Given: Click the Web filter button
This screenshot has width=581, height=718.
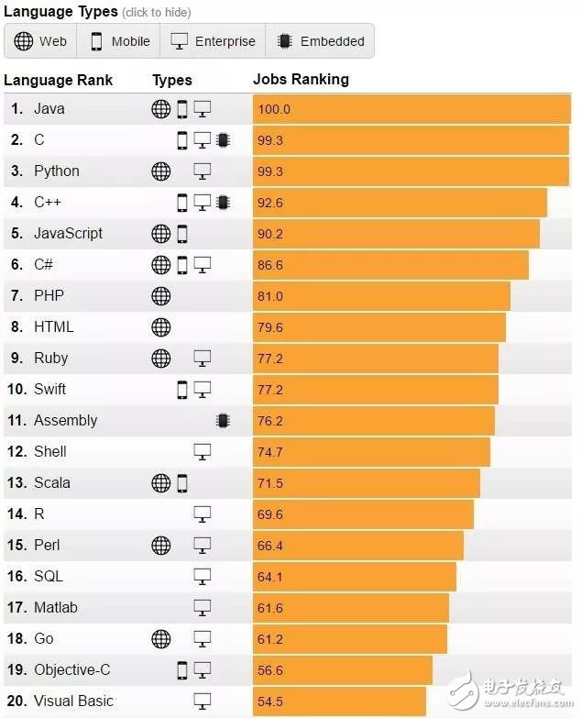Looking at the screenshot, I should pyautogui.click(x=41, y=41).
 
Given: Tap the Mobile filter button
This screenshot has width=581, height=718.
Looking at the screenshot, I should pyautogui.click(x=120, y=41).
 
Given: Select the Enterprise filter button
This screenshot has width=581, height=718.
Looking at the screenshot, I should pyautogui.click(x=214, y=41).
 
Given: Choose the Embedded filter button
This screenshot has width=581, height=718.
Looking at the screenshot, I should pyautogui.click(x=321, y=41).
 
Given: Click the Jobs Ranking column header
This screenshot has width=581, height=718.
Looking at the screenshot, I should pyautogui.click(x=301, y=80).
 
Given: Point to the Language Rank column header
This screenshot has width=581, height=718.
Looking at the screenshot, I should pyautogui.click(x=58, y=80).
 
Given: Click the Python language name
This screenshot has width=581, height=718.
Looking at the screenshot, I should pyautogui.click(x=57, y=171).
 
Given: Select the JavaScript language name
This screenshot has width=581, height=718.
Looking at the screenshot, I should pyautogui.click(x=68, y=233).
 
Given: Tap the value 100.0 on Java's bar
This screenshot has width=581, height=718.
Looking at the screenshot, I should pyautogui.click(x=274, y=109).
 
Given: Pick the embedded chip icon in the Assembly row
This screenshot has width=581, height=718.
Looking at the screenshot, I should pyautogui.click(x=222, y=420).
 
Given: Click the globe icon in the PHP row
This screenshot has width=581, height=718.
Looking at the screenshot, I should pyautogui.click(x=160, y=295).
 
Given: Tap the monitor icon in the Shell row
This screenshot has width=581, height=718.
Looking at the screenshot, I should pyautogui.click(x=203, y=451).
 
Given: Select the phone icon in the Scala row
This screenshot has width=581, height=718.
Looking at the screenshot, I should pyautogui.click(x=182, y=482).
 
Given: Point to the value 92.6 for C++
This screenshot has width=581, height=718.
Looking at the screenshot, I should pyautogui.click(x=270, y=203).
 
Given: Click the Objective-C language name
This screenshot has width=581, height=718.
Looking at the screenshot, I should pyautogui.click(x=73, y=669).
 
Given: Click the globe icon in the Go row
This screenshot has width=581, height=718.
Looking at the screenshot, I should pyautogui.click(x=160, y=638).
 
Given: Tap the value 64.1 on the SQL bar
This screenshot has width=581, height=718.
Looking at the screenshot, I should pyautogui.click(x=270, y=577).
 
